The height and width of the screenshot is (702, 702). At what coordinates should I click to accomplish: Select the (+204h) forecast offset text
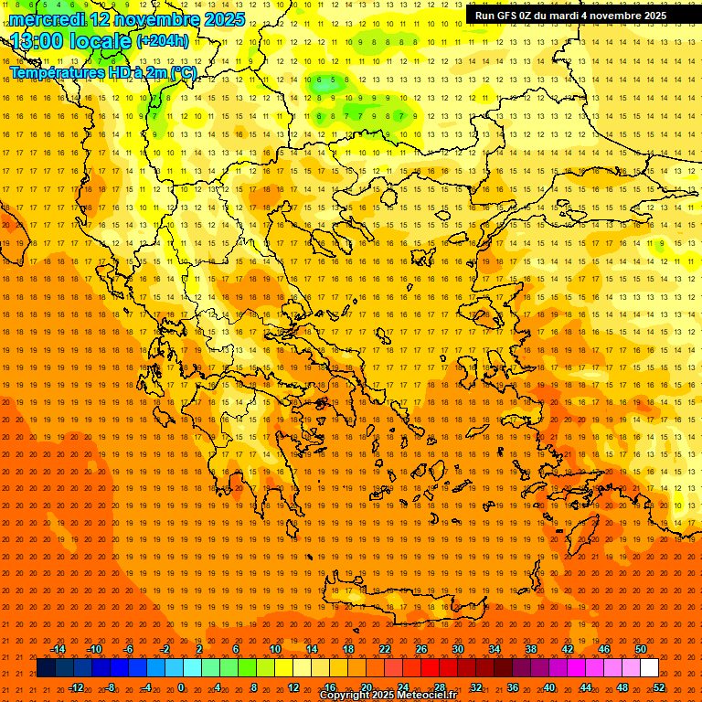coord(163,40)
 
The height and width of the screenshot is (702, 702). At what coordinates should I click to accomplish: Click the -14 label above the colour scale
coord(58,649)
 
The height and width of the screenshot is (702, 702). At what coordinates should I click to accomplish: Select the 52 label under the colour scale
coord(659,687)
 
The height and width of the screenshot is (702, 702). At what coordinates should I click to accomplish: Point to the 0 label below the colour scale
coord(181,687)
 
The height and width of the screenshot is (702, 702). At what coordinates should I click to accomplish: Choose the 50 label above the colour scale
coord(641,649)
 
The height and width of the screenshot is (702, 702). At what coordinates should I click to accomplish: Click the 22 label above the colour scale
coord(385,649)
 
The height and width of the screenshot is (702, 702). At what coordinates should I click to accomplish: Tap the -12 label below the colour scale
coord(76,687)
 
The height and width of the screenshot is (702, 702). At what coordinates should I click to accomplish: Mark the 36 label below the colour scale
coord(513,687)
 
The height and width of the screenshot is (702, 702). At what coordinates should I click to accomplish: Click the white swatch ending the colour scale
coord(650,668)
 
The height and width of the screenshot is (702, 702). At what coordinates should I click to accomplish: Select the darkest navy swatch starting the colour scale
coord(46,668)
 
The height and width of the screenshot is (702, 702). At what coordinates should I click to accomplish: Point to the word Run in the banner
coord(485,16)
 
